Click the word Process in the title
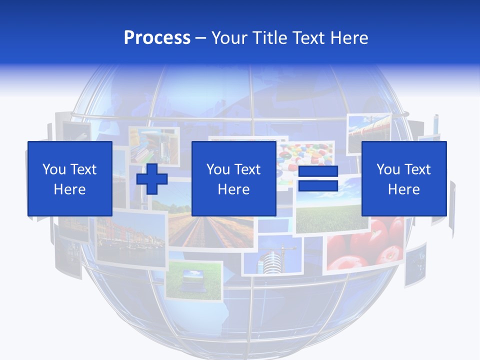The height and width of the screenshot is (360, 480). pyautogui.click(x=157, y=38)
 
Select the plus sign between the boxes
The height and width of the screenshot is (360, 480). pyautogui.click(x=152, y=179)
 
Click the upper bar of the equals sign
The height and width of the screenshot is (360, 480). pyautogui.click(x=318, y=171)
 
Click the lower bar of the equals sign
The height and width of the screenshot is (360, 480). pyautogui.click(x=318, y=186)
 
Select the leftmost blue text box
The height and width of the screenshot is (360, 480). pyautogui.click(x=69, y=178)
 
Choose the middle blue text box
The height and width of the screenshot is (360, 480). pyautogui.click(x=233, y=178)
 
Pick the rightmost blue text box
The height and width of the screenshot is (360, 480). pyautogui.click(x=403, y=178)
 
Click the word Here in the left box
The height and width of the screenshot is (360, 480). pyautogui.click(x=69, y=189)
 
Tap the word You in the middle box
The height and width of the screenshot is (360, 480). pyautogui.click(x=218, y=169)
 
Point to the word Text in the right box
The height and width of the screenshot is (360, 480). pyautogui.click(x=417, y=169)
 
